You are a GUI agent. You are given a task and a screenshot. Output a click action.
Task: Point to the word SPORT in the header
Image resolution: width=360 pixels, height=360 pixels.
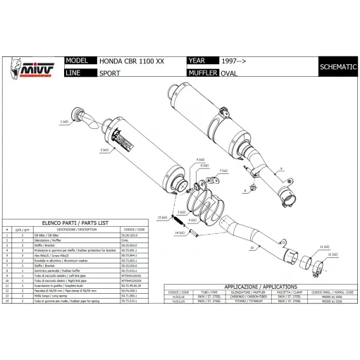click(109, 73)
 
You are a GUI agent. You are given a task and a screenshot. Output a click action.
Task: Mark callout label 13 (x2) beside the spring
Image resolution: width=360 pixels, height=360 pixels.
click(161, 218)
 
